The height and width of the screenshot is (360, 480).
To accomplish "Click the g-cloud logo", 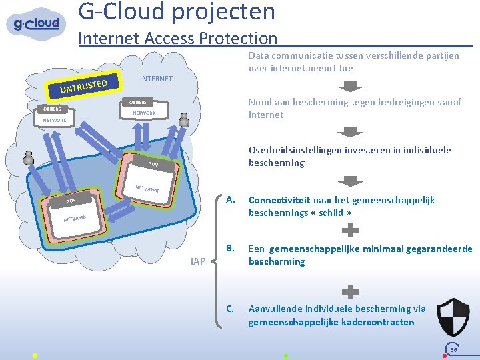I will [37, 24].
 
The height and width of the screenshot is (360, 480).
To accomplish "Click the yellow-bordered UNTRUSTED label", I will [83, 84].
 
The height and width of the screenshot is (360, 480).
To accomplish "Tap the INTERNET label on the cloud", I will [156, 79].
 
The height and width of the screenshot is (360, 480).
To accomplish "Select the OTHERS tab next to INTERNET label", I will [138, 102].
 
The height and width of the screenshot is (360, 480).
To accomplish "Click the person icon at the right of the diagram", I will [184, 119].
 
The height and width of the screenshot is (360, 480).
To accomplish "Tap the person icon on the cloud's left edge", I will [29, 158].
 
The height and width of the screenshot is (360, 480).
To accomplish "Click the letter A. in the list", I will [230, 199].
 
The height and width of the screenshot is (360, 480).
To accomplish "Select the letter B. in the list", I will [230, 248].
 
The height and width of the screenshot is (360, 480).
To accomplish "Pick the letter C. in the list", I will [230, 308].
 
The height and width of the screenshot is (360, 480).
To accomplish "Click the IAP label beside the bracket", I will [197, 261].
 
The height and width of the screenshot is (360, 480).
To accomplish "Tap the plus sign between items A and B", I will [350, 231].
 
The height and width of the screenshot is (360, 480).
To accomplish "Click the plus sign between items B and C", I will [350, 291].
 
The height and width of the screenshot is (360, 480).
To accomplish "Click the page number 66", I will [453, 349].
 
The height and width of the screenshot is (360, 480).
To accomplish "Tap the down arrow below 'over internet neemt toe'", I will [350, 87].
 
